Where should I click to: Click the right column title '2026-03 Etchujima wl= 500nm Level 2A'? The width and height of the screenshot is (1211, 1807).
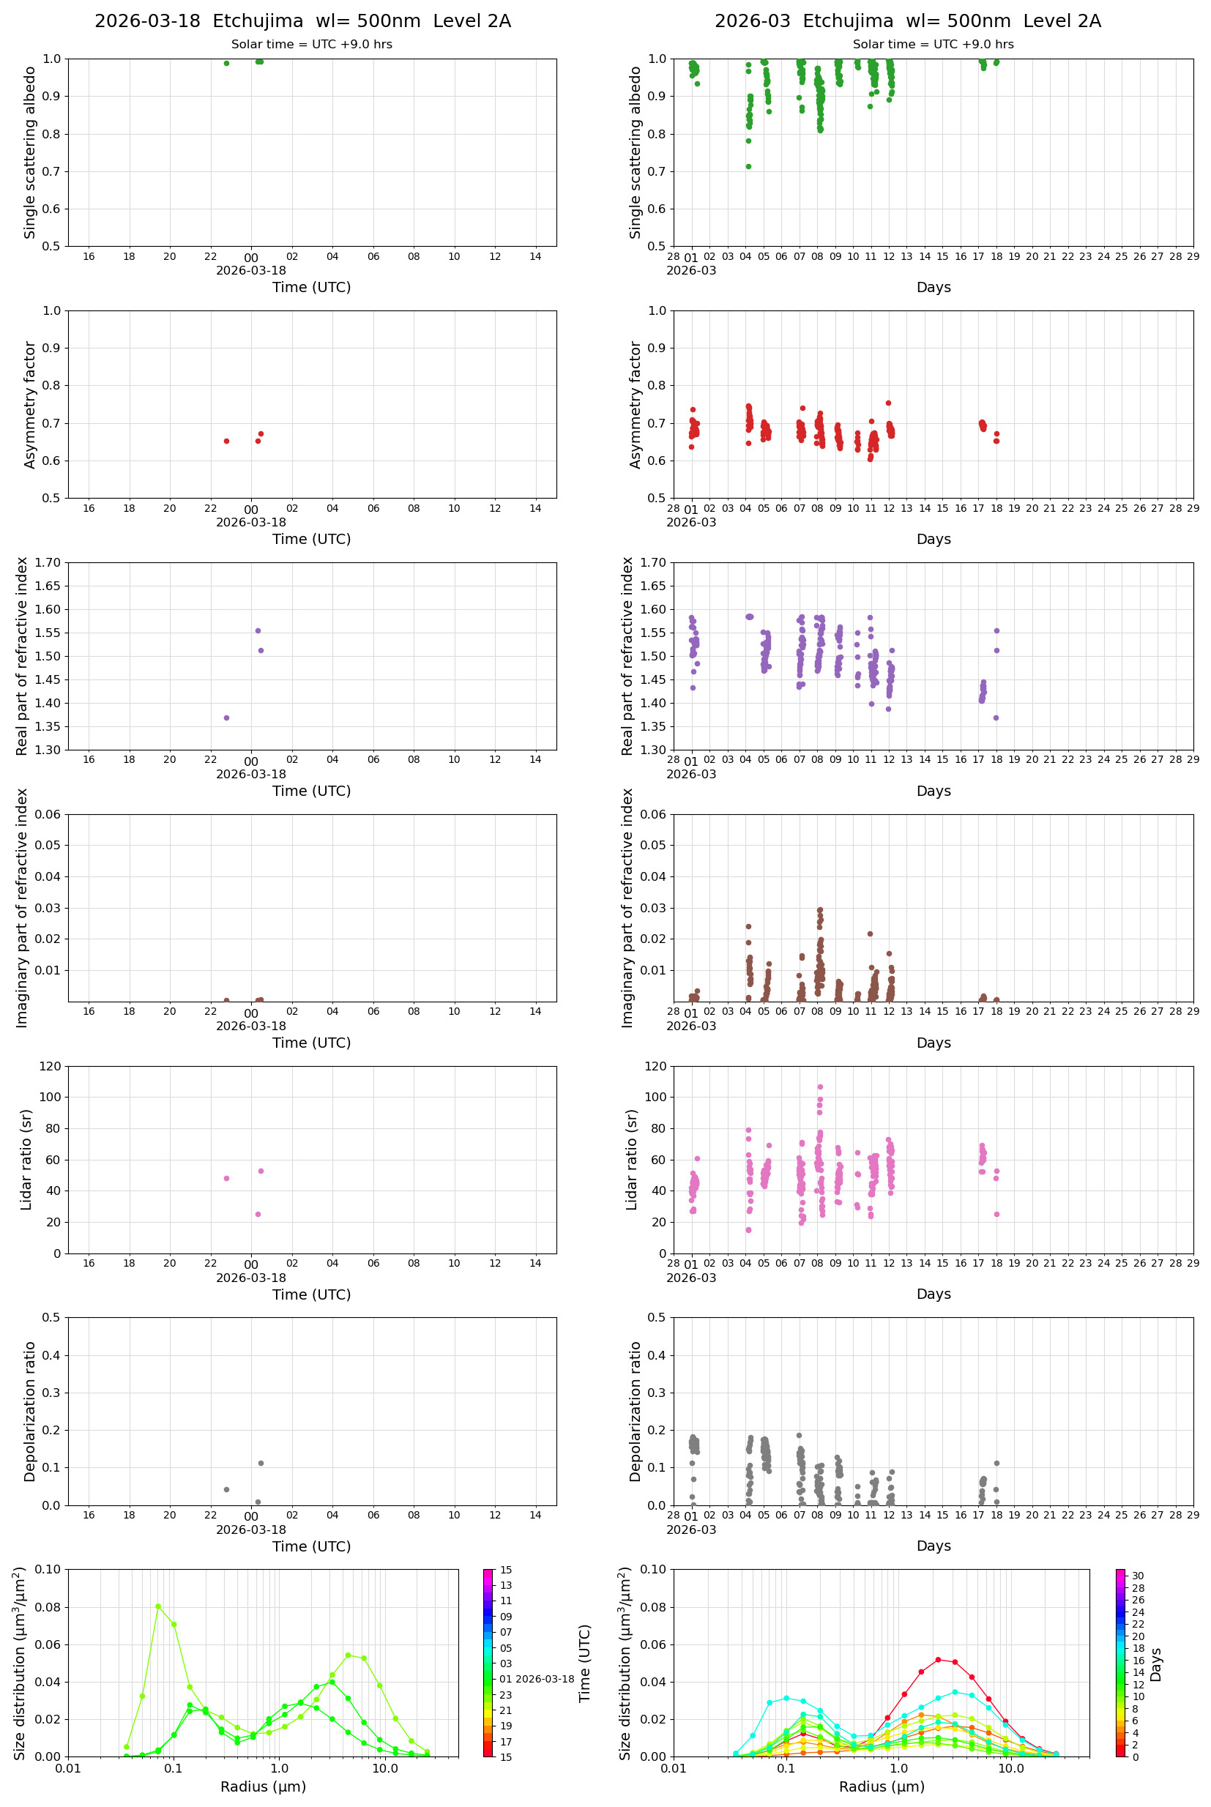[x=907, y=21]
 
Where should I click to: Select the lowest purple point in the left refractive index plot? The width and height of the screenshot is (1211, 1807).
[x=226, y=718]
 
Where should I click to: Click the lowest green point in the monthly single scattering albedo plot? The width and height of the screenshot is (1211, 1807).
[x=748, y=166]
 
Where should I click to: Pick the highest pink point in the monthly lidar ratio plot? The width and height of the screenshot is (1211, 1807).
[x=820, y=1087]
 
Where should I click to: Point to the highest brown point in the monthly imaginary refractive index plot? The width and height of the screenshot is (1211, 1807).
[x=820, y=909]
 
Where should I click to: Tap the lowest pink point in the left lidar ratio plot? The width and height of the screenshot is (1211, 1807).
[x=258, y=1214]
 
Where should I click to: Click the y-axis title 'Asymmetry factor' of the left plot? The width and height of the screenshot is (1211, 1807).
[x=30, y=405]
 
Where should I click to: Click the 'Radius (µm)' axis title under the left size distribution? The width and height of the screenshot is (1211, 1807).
[x=264, y=1786]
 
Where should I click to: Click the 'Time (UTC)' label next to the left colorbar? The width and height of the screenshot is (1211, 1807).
[x=585, y=1663]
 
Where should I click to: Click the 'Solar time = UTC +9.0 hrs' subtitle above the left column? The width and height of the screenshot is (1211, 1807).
[x=311, y=44]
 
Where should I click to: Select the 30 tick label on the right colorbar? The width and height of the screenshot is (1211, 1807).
[x=1138, y=1576]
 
